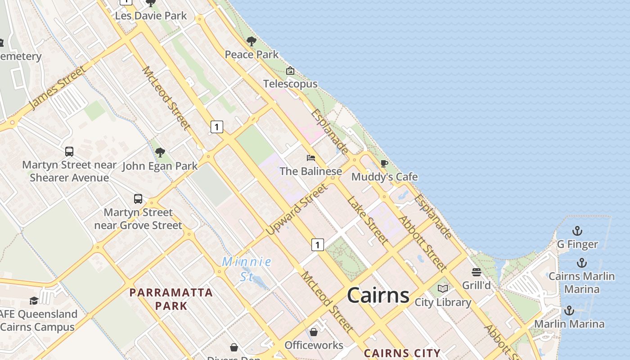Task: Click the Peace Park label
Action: click(x=252, y=54)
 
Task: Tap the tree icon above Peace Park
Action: click(x=252, y=41)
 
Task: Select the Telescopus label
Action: click(x=290, y=84)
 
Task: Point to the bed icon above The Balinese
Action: click(x=310, y=158)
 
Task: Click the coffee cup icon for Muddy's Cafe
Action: click(x=384, y=163)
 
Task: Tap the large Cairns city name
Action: click(x=378, y=296)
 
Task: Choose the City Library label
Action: click(x=443, y=302)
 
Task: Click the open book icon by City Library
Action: click(x=443, y=288)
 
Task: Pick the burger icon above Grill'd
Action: click(x=476, y=272)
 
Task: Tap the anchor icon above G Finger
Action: click(x=577, y=231)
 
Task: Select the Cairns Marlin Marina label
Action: click(x=582, y=282)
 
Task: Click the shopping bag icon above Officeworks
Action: click(x=313, y=332)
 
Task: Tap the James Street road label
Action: click(x=57, y=88)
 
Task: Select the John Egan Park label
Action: click(x=160, y=166)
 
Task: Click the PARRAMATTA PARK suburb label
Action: click(x=171, y=299)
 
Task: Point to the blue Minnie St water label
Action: click(x=247, y=269)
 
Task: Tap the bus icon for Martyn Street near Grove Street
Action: click(x=138, y=199)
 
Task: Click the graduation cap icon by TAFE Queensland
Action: click(x=34, y=301)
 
